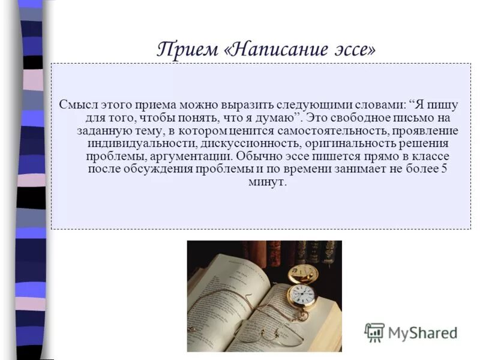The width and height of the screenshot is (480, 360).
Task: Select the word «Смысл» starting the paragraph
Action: point(77,104)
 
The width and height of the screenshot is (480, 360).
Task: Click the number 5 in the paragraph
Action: point(444,170)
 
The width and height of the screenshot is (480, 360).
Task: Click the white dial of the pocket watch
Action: point(304,295)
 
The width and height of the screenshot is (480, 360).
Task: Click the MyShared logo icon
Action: point(374,332)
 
